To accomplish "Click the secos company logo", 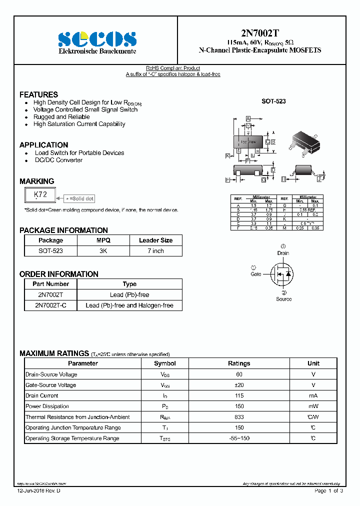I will pyautogui.click(x=97, y=39).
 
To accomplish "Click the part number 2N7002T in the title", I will pyautogui.click(x=260, y=33).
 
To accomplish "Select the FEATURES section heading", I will pyautogui.click(x=38, y=94).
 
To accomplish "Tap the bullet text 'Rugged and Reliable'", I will pyautogui.click(x=61, y=117).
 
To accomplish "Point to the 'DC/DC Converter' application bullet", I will pyautogui.click(x=58, y=160).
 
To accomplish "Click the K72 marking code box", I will pyautogui.click(x=40, y=194).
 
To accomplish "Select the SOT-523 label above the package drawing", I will pyautogui.click(x=273, y=101).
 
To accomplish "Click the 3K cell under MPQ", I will pyautogui.click(x=103, y=251).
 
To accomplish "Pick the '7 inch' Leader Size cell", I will pyautogui.click(x=155, y=251).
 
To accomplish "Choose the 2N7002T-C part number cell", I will pyautogui.click(x=50, y=305).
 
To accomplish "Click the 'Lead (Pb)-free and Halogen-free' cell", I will pyautogui.click(x=129, y=305).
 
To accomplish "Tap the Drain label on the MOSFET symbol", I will pyautogui.click(x=283, y=253).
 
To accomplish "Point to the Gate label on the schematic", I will pyautogui.click(x=255, y=274).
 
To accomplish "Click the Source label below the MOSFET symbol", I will pyautogui.click(x=283, y=299).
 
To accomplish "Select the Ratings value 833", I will pyautogui.click(x=239, y=417).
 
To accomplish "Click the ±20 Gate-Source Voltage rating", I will pyautogui.click(x=239, y=385).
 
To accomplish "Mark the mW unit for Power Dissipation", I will pyautogui.click(x=313, y=406).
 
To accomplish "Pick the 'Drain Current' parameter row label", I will pyautogui.click(x=42, y=395).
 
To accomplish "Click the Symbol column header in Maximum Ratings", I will pyautogui.click(x=164, y=363).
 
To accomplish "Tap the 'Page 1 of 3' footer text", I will pyautogui.click(x=328, y=491).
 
